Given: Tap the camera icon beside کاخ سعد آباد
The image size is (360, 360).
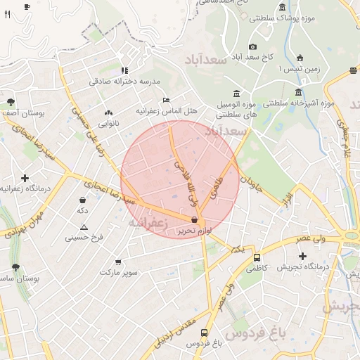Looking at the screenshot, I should pyautogui.click(x=253, y=46).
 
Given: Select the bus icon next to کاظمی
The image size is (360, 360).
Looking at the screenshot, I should pyautogui.click(x=257, y=257).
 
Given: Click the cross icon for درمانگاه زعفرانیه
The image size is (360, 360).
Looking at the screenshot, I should pyautogui.click(x=25, y=178).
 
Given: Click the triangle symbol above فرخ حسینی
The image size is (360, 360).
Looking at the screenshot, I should pyautogui.click(x=84, y=227).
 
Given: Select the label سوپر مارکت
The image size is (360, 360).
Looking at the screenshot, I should pyautogui.click(x=120, y=271).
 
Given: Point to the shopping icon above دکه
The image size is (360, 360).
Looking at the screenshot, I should pyautogui.click(x=83, y=200).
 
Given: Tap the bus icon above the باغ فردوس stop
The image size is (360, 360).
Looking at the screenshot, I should pyautogui.click(x=204, y=333).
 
